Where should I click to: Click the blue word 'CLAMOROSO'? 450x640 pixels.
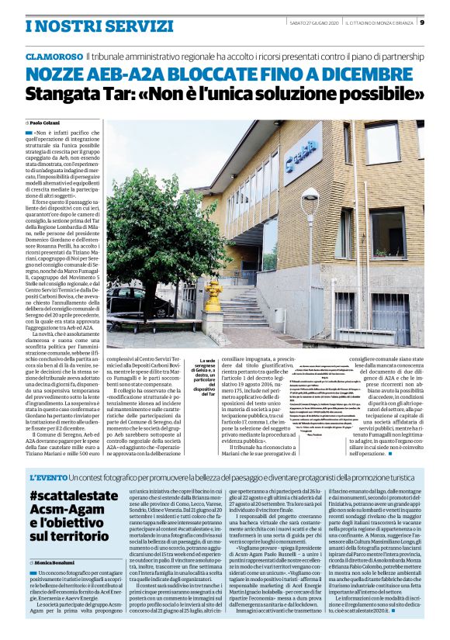[54, 57]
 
